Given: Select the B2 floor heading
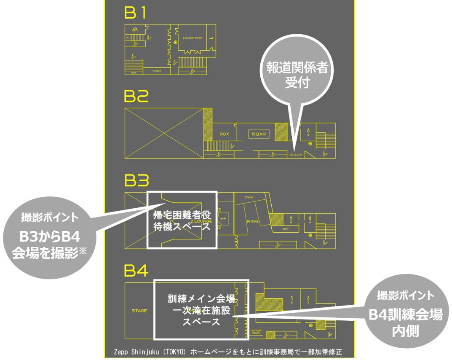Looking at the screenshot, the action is pos(136,97).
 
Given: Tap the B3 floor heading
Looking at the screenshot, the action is pos(136,181).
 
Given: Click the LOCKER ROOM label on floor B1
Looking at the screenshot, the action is pos(193,38).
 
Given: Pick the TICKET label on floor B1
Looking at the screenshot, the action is pos(157,71).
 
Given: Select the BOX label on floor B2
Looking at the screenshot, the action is pos(224,134).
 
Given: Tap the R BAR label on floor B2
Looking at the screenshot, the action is pos(259,134).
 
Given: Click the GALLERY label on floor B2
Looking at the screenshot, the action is pos(296,155).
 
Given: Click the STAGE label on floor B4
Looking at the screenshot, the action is pos(139,311).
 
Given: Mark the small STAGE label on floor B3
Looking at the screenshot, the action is pos(249,197).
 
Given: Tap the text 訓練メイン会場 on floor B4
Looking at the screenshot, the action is pos(201,299).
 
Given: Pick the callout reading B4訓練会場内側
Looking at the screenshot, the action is pos(405,314).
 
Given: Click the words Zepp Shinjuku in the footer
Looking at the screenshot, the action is pos(134,352).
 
